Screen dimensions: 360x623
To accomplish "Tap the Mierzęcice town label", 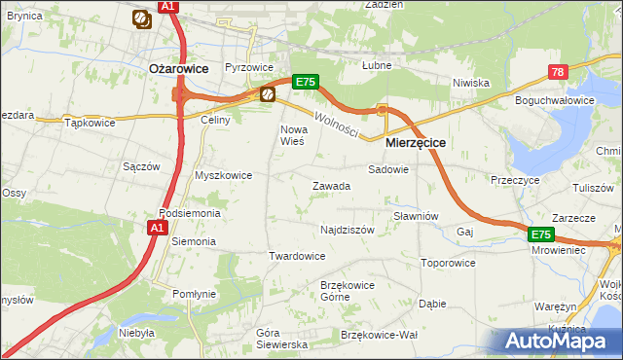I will tap(416, 142).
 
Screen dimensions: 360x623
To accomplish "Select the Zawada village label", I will tap(331, 186).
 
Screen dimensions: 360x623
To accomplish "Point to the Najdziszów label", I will tap(348, 231).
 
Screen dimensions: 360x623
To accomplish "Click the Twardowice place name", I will tap(296, 256).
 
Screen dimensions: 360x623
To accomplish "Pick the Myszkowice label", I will tap(224, 175).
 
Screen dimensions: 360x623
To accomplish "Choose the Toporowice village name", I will tap(448, 263).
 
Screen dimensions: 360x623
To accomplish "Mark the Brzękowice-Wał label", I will tap(380, 334).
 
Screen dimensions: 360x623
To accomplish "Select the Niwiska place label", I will tap(470, 83).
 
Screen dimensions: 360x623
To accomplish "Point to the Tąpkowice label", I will tap(90, 124).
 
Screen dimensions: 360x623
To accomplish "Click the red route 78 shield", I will tap(557, 72).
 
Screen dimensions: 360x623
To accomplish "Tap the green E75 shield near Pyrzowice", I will tap(305, 83).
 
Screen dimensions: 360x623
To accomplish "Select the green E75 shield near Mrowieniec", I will tap(541, 234).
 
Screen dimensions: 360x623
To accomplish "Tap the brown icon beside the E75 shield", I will tap(268, 94).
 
